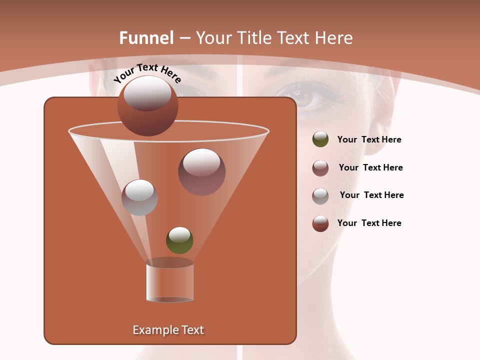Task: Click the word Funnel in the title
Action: click(146, 38)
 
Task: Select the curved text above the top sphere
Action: click(147, 73)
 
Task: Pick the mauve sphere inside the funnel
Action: click(201, 172)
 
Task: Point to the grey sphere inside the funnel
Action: click(140, 197)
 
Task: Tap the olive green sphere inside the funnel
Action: click(179, 240)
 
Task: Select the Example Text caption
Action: click(168, 330)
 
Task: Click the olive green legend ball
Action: click(320, 139)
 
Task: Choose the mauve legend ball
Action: click(320, 167)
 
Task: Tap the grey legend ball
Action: click(320, 195)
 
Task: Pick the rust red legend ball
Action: click(320, 223)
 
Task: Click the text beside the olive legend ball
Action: click(369, 140)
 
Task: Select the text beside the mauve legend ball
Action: click(370, 167)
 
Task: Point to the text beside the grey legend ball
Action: click(371, 195)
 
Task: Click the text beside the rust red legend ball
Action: click(369, 223)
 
